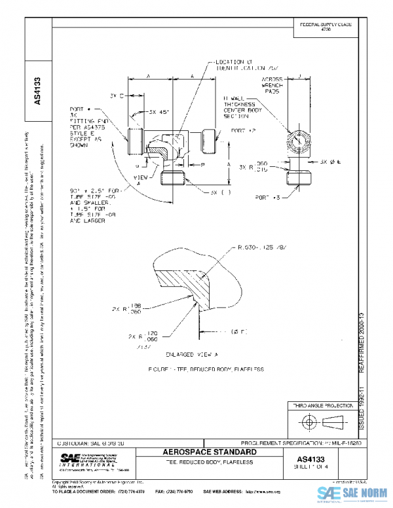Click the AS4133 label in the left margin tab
(x=39, y=92)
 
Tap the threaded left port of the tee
(x=135, y=139)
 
